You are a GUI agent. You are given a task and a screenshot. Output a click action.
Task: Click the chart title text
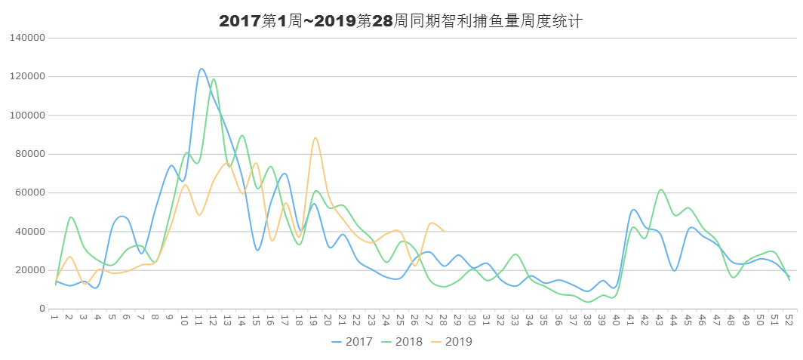[x=401, y=21]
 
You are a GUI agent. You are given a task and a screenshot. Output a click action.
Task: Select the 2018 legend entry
[x=402, y=342]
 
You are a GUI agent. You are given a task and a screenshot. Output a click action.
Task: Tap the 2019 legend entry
[x=452, y=342]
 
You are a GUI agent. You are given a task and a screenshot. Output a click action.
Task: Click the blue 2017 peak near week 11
[x=202, y=69]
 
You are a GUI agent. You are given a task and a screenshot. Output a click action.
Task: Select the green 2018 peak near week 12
[x=214, y=78]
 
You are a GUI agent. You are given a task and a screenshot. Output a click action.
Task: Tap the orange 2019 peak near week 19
[x=315, y=137]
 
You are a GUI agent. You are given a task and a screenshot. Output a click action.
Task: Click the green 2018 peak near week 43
[x=660, y=189]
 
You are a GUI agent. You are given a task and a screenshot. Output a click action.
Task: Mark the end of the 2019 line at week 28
[x=445, y=230]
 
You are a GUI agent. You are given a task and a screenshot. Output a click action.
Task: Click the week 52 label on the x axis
[x=789, y=321]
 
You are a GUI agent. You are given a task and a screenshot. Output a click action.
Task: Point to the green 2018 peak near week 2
[x=71, y=217]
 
